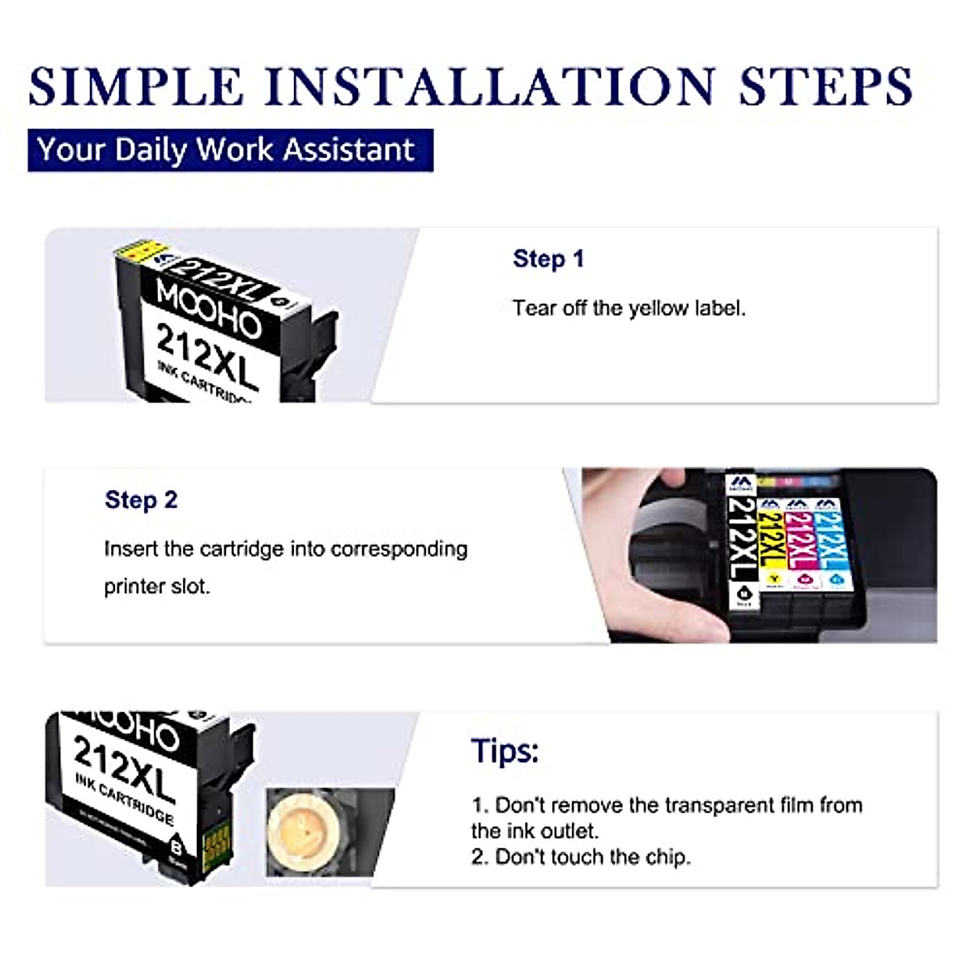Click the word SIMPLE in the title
point(136,86)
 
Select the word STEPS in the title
point(825,86)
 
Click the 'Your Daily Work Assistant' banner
point(230,151)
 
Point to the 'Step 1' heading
point(548,259)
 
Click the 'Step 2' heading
point(141,500)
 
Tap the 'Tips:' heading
point(505,751)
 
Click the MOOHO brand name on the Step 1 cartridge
point(208,309)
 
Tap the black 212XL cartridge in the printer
point(742,543)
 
